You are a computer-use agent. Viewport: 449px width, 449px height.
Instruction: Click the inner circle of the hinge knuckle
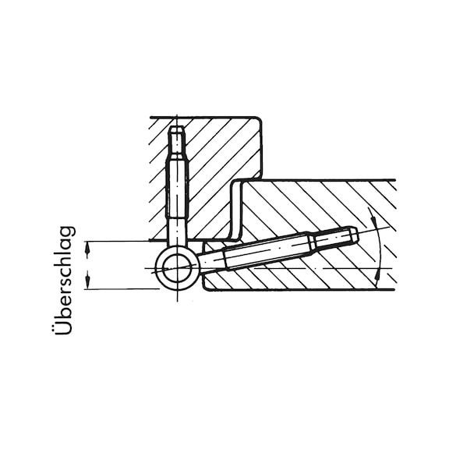[176, 268]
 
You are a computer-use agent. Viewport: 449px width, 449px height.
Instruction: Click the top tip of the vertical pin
[177, 126]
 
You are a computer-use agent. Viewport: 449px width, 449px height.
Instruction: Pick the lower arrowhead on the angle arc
[378, 274]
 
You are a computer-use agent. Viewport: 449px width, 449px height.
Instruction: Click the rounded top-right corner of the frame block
[258, 120]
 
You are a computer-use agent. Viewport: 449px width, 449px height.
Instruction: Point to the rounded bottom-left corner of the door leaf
[206, 287]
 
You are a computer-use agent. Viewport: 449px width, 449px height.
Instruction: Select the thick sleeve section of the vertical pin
[177, 189]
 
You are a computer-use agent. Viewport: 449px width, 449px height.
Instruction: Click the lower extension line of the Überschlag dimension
[122, 289]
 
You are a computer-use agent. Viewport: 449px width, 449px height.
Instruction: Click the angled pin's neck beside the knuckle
[211, 259]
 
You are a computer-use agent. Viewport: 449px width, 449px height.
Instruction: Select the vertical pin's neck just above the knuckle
[177, 232]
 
